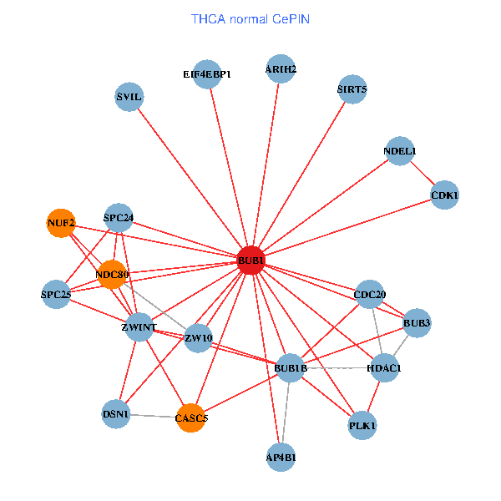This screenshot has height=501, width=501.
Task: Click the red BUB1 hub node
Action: pos(250,261)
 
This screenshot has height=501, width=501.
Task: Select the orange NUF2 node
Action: pos(61,223)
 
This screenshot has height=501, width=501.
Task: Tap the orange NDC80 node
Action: pos(111,274)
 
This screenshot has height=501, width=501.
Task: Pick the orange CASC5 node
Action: pos(191,417)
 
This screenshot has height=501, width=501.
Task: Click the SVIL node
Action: pos(129,97)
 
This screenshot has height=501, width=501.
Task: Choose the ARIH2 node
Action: pos(281,69)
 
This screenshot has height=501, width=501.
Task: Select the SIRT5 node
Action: pos(352,88)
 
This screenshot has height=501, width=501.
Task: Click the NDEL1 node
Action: pos(400,151)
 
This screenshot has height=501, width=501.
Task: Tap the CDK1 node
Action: pos(444,195)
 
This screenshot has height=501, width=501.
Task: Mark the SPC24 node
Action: pos(119,219)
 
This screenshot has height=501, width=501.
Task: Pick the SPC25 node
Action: pos(56,294)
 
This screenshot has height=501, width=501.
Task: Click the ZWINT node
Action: pos(138,327)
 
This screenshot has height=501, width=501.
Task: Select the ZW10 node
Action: pos(198,338)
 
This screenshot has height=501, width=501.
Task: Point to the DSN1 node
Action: pos(116,413)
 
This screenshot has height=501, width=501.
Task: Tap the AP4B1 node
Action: pos(281,457)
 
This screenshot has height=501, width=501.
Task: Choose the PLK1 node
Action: pos(362,426)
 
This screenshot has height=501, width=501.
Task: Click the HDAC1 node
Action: pos(384,368)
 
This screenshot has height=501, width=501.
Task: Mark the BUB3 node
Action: pos(416,322)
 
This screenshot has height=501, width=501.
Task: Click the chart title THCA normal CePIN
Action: pos(250,18)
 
